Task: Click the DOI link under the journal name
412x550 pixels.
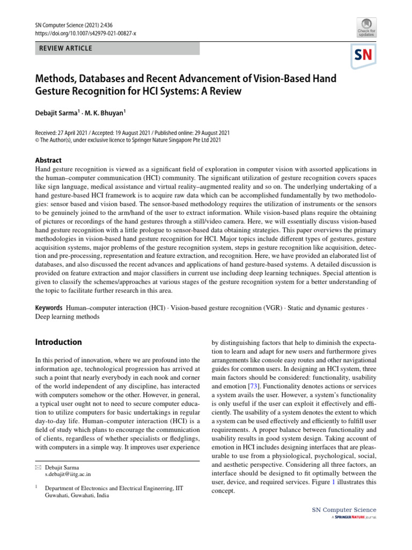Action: [85, 33]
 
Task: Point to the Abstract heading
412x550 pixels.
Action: [48, 160]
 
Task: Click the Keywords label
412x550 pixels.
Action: [49, 308]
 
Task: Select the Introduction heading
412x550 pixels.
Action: [58, 342]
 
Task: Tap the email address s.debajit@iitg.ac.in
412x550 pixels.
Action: [68, 474]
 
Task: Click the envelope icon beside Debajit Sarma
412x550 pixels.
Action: [38, 467]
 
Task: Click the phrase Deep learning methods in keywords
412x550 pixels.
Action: [67, 317]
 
